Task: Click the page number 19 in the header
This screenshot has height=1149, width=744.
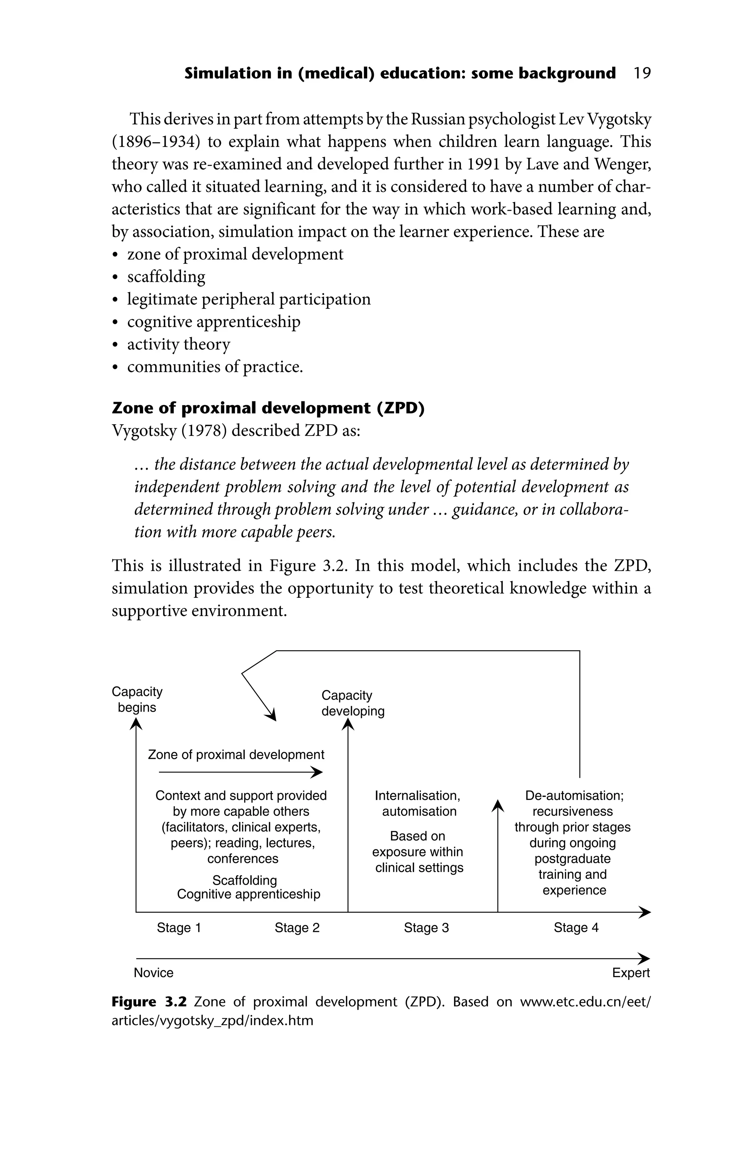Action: pos(642,73)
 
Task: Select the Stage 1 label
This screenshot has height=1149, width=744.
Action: pos(178,928)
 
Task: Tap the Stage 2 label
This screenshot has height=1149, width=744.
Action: pos(297,928)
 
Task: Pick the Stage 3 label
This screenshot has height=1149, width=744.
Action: pos(426,928)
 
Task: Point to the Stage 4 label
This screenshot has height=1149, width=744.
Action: pos(575,928)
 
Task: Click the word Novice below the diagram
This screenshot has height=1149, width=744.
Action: pos(153,972)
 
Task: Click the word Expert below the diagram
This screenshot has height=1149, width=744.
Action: pos(631,972)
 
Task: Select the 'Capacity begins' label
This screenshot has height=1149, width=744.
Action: pos(137,699)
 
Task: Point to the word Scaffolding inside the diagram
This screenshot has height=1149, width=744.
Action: pos(244,880)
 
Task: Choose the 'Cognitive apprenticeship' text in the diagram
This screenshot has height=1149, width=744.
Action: pos(248,894)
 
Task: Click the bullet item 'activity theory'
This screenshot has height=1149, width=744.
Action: pos(178,344)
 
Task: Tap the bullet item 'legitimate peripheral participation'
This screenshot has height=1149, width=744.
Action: pos(248,299)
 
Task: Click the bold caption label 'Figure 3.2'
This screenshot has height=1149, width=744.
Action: pos(149,1002)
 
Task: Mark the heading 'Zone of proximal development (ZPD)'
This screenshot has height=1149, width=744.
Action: pos(268,408)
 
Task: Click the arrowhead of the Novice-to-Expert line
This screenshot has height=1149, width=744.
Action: pos(645,958)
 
